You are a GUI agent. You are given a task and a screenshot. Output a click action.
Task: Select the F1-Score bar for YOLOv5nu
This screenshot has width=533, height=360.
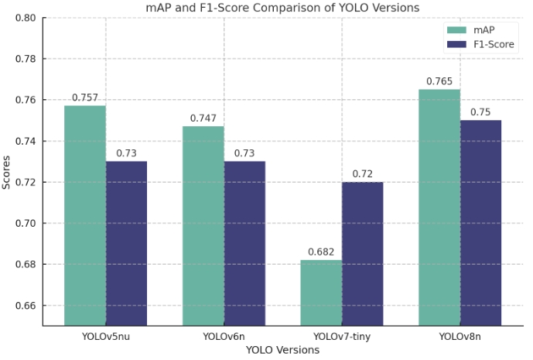coord(126,243)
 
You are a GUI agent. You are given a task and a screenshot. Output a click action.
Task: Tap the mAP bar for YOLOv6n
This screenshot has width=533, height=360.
coord(203,225)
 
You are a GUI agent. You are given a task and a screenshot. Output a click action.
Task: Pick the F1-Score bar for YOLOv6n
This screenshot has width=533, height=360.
coord(244,243)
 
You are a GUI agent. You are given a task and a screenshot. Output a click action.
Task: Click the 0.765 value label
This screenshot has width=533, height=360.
coord(439,81)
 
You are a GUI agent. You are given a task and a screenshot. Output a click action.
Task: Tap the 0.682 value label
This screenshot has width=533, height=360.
coord(321,252)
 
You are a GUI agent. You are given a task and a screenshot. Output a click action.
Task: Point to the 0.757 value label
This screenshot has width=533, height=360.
coord(85,98)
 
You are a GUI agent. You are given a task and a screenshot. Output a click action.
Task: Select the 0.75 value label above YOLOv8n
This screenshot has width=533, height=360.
coord(480,112)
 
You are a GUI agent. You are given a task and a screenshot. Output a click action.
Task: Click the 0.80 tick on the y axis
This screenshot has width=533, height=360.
coord(26,18)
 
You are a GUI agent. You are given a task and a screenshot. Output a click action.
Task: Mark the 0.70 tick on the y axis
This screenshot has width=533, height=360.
coord(26,224)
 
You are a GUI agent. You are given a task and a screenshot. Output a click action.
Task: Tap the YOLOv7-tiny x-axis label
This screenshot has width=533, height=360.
coord(341,337)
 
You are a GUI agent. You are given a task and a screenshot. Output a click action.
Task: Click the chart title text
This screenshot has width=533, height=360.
coord(283,7)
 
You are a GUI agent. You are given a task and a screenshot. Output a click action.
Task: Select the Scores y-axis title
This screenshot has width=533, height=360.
coord(8,172)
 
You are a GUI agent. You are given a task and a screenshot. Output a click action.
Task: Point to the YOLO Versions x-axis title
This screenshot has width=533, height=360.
coord(283,350)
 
